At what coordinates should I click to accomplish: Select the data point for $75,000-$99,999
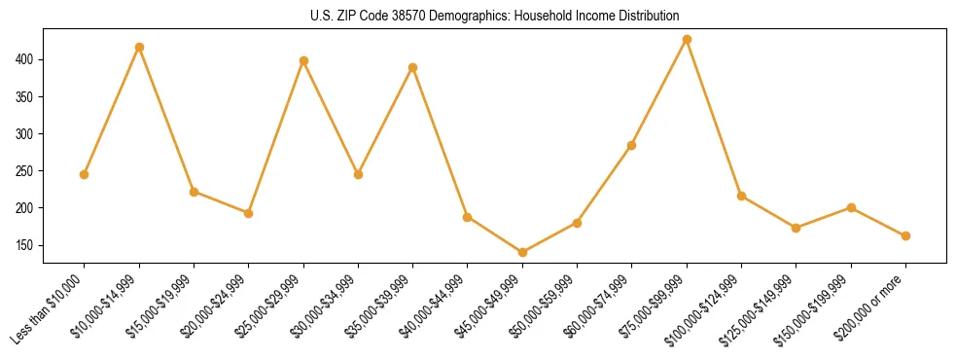tap(687, 39)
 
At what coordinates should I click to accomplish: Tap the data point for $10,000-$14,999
tap(139, 47)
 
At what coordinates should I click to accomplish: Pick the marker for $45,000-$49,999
tap(522, 252)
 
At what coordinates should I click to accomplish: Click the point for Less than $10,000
tap(84, 174)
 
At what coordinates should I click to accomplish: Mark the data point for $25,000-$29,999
tap(303, 60)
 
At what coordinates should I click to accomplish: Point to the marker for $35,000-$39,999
tap(413, 67)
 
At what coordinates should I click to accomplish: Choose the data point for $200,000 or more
tap(905, 235)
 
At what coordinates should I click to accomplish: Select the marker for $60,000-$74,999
tap(632, 145)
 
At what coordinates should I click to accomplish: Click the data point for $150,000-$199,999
tap(851, 207)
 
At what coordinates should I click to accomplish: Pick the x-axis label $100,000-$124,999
tap(706, 309)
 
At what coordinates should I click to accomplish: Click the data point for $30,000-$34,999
tap(358, 174)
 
